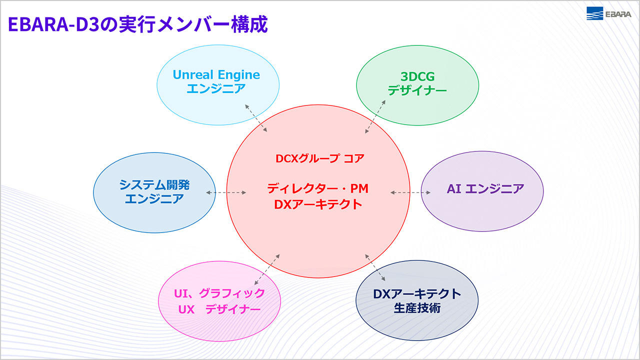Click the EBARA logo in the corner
[608, 14]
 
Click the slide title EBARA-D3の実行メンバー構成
[138, 24]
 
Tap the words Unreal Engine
[216, 75]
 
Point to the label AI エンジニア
[485, 188]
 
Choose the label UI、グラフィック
[219, 293]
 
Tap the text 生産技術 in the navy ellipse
[417, 308]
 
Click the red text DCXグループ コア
[320, 158]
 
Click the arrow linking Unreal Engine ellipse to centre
[256, 118]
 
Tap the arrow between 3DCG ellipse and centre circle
[375, 116]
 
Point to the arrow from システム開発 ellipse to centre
[226, 192]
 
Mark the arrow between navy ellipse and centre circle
[375, 267]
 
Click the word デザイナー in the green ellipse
[417, 90]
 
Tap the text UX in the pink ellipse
[186, 309]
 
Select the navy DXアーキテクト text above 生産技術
[417, 293]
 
